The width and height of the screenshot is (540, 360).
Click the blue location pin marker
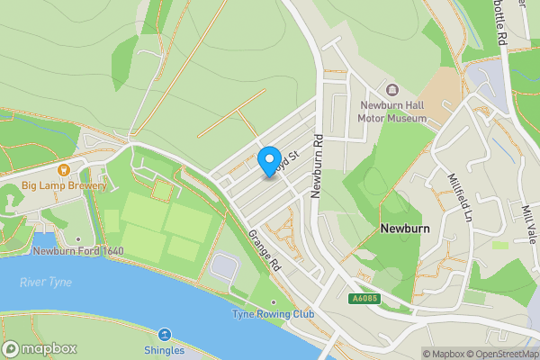point(268,161)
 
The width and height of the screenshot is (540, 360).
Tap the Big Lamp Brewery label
point(64,186)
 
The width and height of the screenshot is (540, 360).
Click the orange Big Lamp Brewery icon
point(64,169)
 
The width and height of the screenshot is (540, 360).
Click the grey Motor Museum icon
point(391,90)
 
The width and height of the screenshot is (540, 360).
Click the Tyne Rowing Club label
point(273,313)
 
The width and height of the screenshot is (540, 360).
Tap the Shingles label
point(163,350)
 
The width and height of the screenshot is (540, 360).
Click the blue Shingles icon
point(163,334)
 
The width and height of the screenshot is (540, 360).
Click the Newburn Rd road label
point(317,166)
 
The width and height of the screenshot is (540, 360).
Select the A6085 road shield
point(363,298)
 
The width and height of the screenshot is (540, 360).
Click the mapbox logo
point(40,348)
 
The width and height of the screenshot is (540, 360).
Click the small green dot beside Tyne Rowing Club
point(274,301)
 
